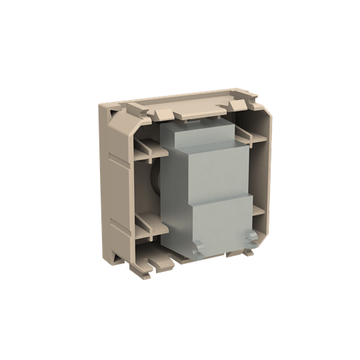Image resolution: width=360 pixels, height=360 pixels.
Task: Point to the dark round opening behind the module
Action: (155, 180)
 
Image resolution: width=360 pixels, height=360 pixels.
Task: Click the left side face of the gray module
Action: (170, 193)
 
